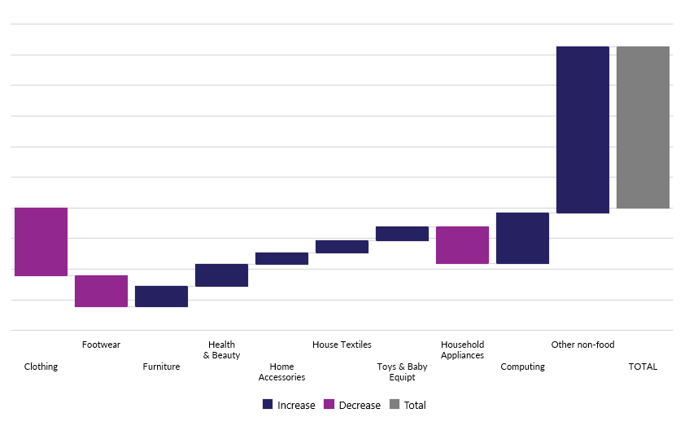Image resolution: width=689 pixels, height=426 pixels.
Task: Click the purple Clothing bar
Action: (41, 242)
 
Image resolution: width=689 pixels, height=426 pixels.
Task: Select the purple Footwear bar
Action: (101, 291)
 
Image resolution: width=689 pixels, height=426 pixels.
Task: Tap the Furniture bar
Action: (161, 296)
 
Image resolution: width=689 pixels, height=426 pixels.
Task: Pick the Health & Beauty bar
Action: (221, 275)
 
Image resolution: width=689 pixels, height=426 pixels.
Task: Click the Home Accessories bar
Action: (281, 258)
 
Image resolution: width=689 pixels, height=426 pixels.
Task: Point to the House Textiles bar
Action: (342, 247)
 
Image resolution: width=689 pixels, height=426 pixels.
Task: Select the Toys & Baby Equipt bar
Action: (402, 234)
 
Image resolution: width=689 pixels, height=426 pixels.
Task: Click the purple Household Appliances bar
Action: (462, 245)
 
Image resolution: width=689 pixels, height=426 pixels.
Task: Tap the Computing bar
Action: (522, 238)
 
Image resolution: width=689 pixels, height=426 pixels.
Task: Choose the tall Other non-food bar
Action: (582, 130)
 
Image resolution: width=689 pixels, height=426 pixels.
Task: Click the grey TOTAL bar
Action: (643, 127)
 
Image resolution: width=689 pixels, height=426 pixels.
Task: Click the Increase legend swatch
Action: (268, 405)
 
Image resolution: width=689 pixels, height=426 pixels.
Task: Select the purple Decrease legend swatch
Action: (329, 405)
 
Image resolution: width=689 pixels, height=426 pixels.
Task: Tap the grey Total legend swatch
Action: (395, 405)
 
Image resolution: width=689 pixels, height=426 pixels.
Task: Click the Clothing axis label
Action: (41, 367)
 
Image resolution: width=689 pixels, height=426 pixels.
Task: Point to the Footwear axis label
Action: (101, 345)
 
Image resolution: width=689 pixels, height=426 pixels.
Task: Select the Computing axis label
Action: (522, 367)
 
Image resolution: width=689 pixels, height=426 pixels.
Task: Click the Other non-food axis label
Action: (582, 345)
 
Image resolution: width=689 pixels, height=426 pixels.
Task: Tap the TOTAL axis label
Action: (643, 367)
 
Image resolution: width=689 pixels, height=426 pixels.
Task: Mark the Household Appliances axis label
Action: (462, 349)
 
